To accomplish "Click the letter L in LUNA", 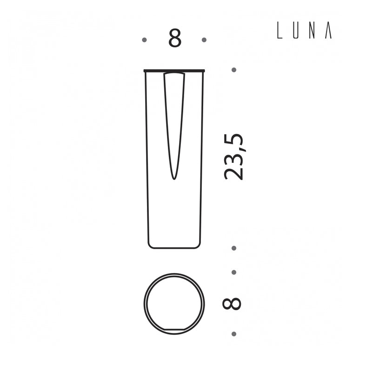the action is [279, 31].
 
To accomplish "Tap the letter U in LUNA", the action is [295, 31].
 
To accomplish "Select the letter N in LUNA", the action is [312, 31].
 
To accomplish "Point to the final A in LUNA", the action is [328, 31].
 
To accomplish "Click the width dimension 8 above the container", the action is [175, 39].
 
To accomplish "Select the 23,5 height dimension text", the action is [233, 157].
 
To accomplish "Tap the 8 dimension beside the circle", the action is [232, 304].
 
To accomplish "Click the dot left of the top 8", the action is [144, 40].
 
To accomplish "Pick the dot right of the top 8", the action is [204, 40].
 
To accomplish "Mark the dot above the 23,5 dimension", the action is [234, 70].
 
